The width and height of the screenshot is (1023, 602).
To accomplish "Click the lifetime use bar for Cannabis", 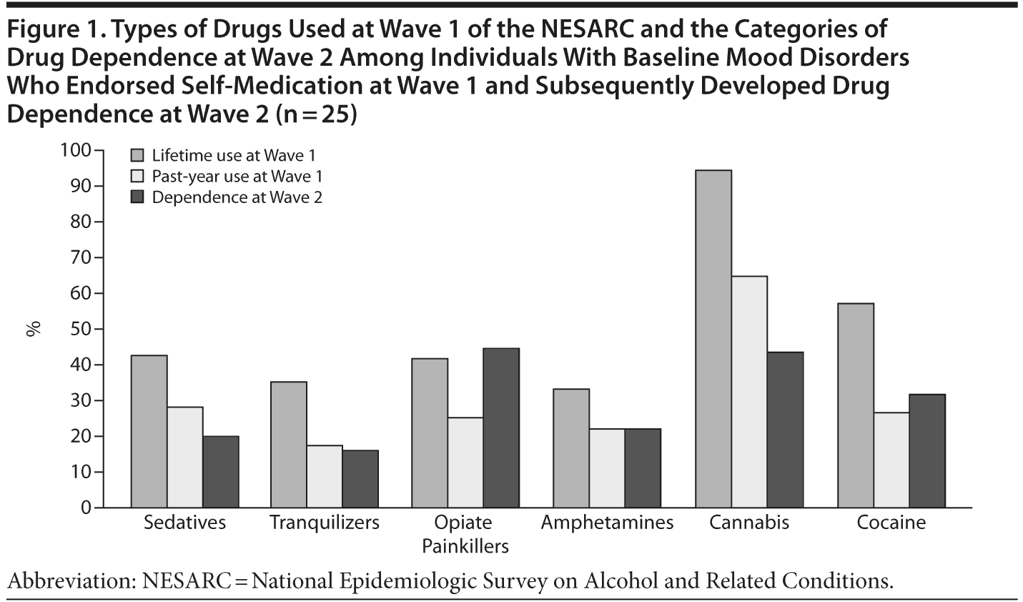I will [x=713, y=339].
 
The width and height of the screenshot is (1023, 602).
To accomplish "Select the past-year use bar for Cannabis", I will [x=749, y=392].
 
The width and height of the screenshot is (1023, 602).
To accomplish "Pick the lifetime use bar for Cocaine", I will [x=856, y=405].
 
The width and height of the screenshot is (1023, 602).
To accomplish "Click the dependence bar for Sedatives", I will [x=221, y=472].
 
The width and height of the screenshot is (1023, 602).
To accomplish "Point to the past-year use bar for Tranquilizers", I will [x=325, y=476].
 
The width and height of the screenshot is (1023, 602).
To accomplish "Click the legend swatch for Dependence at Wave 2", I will [x=138, y=197].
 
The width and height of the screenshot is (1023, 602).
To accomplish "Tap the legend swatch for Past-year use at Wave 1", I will [x=138, y=177].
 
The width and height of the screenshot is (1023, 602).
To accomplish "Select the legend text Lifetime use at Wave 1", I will [x=234, y=155].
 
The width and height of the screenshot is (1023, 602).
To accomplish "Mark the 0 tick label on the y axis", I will [x=87, y=508].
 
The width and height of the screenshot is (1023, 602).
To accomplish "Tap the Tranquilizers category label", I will [x=325, y=523].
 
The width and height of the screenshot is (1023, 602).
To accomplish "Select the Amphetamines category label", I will [x=607, y=523].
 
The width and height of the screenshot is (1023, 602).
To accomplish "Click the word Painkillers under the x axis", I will [x=465, y=547].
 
